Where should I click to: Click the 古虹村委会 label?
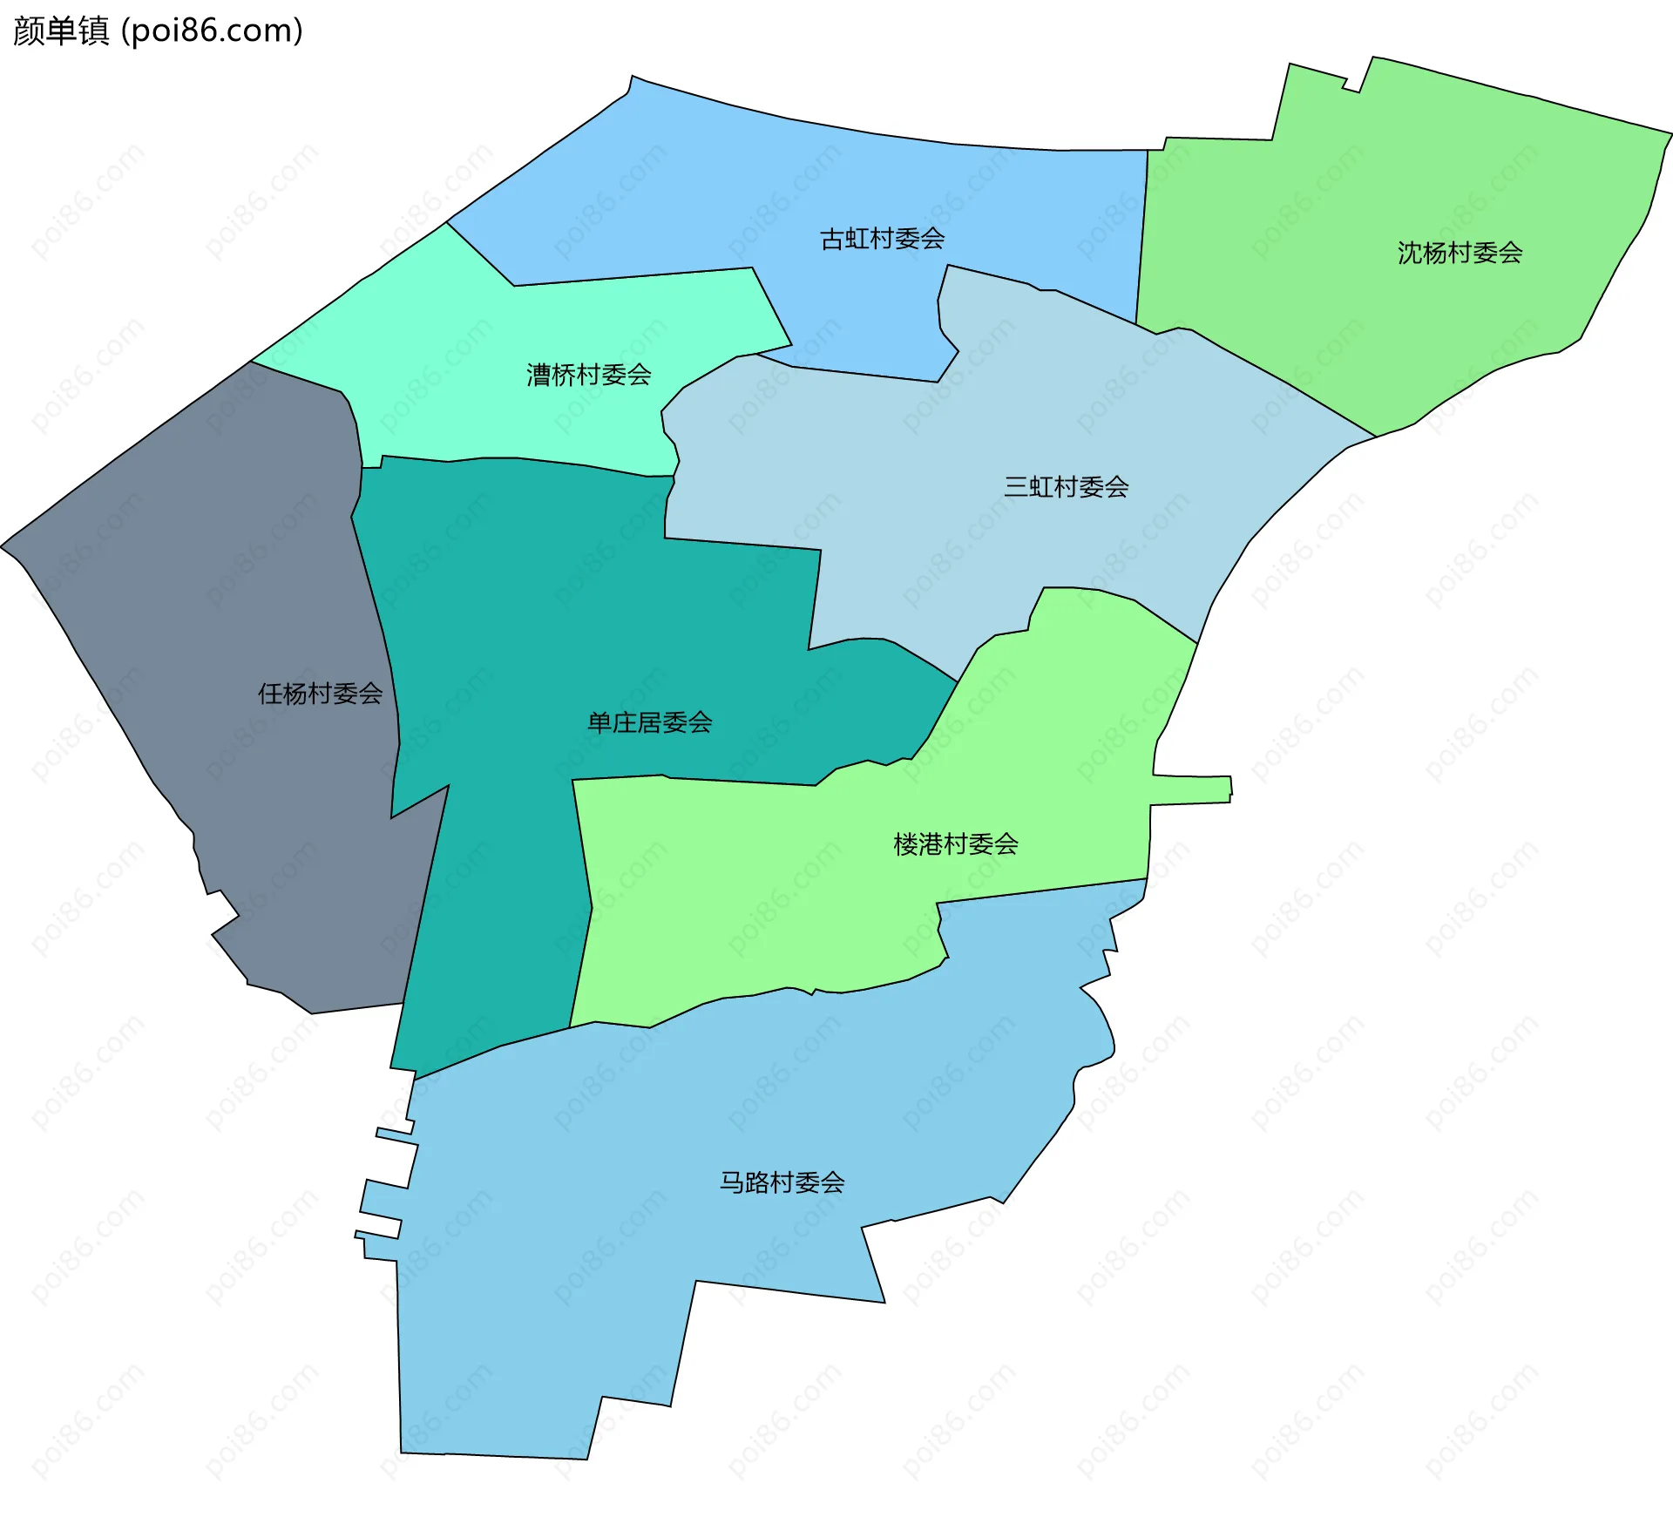(x=882, y=239)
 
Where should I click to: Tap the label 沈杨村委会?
(x=1460, y=253)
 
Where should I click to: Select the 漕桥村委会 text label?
(x=588, y=375)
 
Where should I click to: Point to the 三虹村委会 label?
(x=1066, y=486)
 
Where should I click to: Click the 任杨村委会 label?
(x=320, y=694)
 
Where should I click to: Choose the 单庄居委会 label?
(x=649, y=722)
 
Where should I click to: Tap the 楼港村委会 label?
(x=956, y=843)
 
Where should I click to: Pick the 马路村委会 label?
(x=782, y=1182)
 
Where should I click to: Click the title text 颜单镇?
(x=61, y=31)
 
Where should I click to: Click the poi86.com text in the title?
(x=213, y=31)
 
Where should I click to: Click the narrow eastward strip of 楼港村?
(x=1194, y=789)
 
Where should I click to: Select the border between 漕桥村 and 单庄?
(x=523, y=458)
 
